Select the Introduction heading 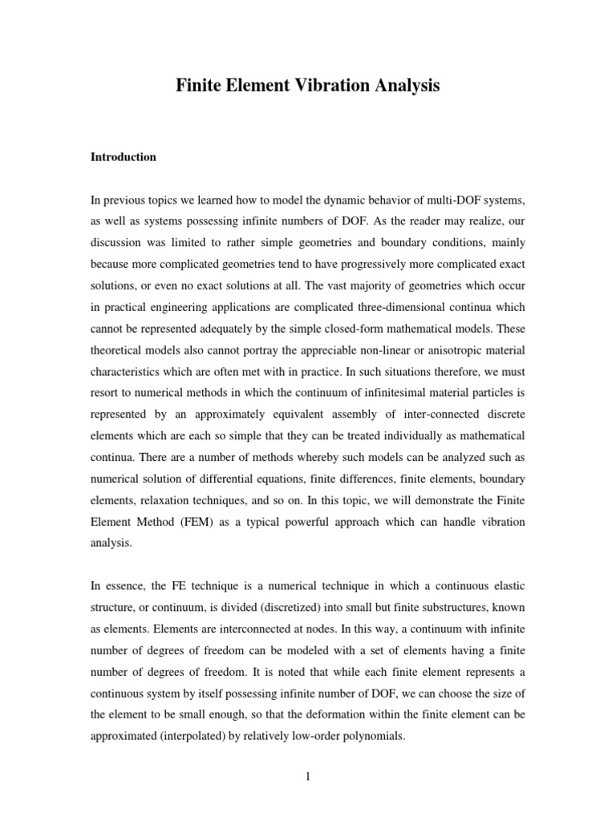point(124,157)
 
